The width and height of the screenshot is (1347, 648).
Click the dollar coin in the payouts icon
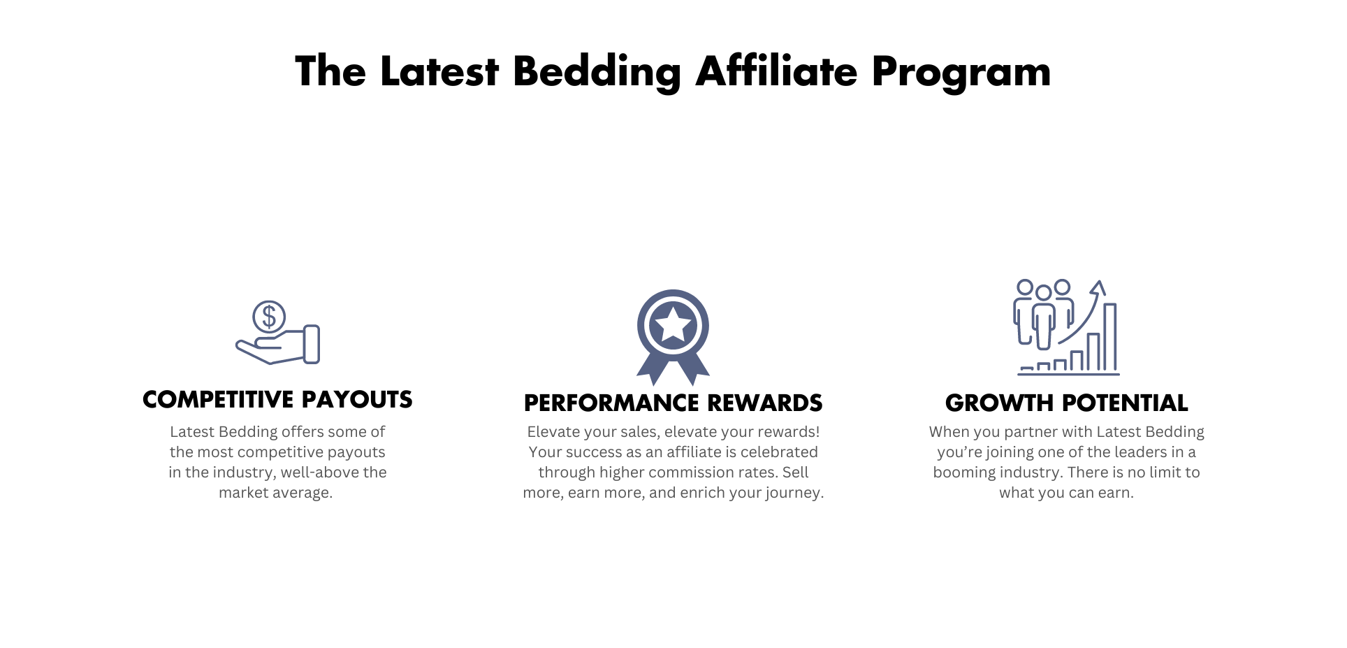pos(269,317)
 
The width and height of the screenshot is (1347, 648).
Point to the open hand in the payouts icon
pos(277,345)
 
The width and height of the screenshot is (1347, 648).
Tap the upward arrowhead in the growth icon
pos(1098,287)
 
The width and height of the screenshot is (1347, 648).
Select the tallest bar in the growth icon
pos(1110,336)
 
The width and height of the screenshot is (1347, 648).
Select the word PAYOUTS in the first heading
pos(357,399)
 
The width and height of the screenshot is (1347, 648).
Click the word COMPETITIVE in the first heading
pos(219,399)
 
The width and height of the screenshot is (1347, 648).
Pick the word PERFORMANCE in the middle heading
pos(611,403)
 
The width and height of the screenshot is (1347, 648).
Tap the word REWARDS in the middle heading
pos(765,403)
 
